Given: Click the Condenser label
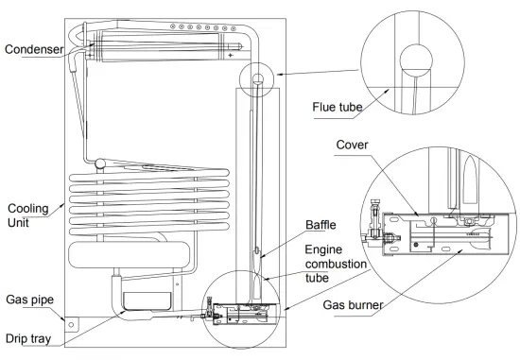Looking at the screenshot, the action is pyautogui.click(x=34, y=49).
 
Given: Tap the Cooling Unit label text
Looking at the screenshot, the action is pyautogui.click(x=27, y=215).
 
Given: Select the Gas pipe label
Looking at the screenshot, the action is pyautogui.click(x=30, y=300).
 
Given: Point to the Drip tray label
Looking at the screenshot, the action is pyautogui.click(x=28, y=339).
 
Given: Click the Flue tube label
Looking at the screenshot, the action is pyautogui.click(x=337, y=107).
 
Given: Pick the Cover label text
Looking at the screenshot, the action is pyautogui.click(x=352, y=145).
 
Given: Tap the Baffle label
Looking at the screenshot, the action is pyautogui.click(x=321, y=225).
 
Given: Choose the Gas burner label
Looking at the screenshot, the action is pyautogui.click(x=353, y=305).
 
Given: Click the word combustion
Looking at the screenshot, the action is pyautogui.click(x=336, y=265).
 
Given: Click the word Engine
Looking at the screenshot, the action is pyautogui.click(x=323, y=249).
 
